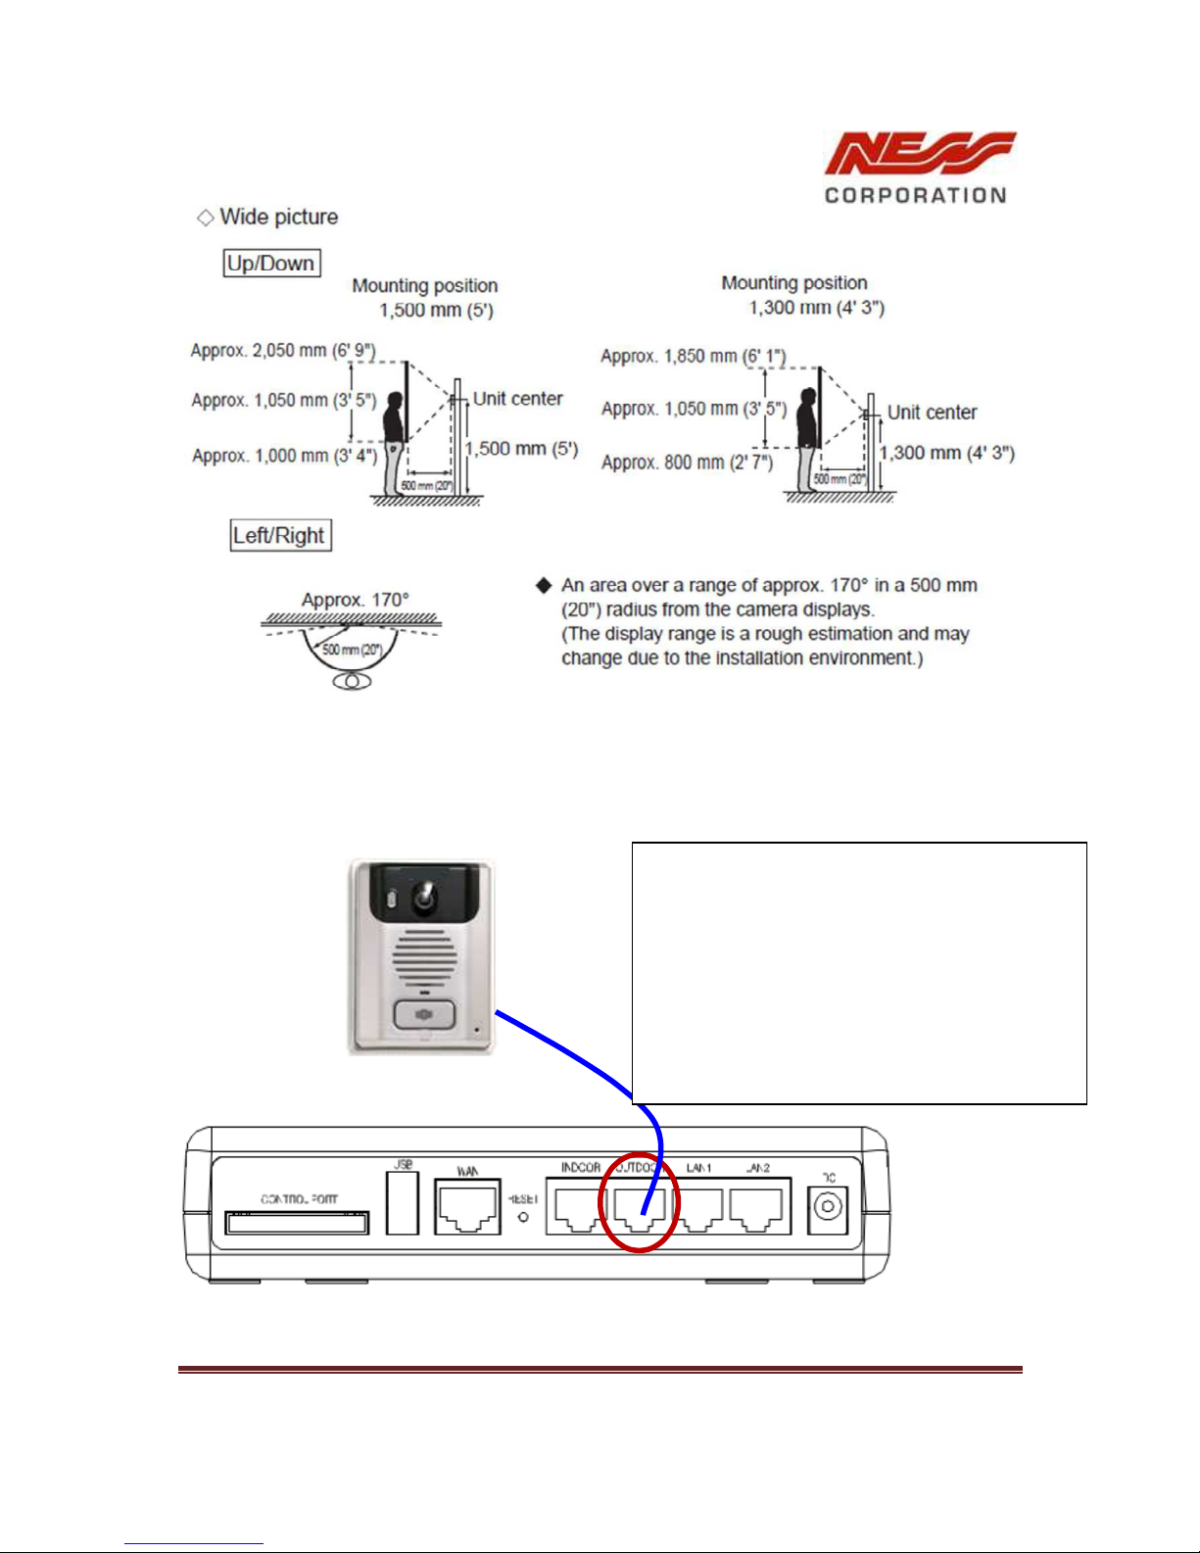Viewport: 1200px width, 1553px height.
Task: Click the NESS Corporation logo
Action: (917, 168)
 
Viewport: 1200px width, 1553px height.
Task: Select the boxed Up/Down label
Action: (271, 264)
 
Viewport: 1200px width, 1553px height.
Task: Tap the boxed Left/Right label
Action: (279, 536)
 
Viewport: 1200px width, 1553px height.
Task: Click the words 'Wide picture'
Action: (278, 217)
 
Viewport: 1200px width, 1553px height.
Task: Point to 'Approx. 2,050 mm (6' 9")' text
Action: (283, 351)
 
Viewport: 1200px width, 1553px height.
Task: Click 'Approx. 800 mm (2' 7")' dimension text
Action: (687, 462)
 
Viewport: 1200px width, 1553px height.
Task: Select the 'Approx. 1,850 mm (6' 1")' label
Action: (693, 357)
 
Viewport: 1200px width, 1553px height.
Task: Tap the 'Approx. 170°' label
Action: (355, 600)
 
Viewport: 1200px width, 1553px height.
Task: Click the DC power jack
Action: (829, 1207)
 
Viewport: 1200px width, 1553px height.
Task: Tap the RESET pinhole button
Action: (523, 1217)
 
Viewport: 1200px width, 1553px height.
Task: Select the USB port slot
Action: (403, 1203)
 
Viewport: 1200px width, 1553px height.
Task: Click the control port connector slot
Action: (297, 1222)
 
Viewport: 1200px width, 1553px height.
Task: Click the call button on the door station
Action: (424, 1014)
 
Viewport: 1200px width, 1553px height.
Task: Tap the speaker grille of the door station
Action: (424, 957)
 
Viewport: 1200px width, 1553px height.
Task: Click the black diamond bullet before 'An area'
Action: (544, 585)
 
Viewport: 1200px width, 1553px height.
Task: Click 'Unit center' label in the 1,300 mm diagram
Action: (932, 413)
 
